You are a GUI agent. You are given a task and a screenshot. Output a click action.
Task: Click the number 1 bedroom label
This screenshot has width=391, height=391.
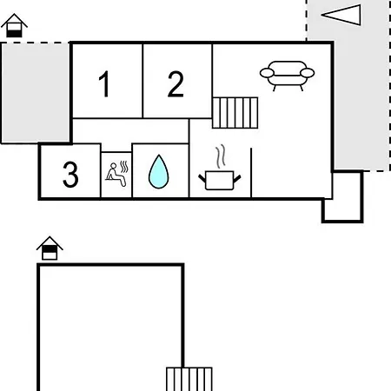click(x=104, y=84)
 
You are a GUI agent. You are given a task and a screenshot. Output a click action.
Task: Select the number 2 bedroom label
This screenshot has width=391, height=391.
click(x=176, y=84)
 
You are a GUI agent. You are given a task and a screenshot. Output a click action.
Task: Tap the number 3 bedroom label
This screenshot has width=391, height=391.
click(x=70, y=175)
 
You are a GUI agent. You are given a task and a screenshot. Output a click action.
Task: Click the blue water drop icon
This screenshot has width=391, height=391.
click(x=159, y=172)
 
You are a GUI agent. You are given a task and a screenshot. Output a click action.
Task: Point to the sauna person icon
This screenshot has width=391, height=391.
click(x=116, y=175)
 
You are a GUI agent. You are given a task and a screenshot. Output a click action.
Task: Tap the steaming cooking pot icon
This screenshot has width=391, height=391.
click(x=220, y=168)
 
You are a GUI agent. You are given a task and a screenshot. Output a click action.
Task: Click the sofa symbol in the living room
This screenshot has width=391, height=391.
click(x=287, y=76)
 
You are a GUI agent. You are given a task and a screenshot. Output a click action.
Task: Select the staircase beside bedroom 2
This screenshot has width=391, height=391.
click(x=235, y=113)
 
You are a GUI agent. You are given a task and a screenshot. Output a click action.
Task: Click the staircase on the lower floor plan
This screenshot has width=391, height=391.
click(x=189, y=379)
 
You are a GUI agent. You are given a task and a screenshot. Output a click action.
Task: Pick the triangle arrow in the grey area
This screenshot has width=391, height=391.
click(x=341, y=15)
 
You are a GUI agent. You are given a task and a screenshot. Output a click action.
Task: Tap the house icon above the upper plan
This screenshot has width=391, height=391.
click(x=14, y=25)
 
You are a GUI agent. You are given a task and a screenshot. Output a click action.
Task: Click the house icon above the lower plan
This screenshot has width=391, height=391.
click(x=50, y=249)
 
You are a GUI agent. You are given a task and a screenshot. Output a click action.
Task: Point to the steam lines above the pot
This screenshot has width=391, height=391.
click(x=221, y=156)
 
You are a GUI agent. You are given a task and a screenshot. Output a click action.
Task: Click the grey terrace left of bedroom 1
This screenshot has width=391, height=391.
click(x=36, y=93)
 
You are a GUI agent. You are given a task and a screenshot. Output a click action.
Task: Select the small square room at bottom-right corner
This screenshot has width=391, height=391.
click(x=342, y=197)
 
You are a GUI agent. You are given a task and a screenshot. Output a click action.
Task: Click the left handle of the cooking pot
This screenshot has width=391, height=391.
click(x=202, y=178)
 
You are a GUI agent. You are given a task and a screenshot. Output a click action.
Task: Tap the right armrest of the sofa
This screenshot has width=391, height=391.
click(x=308, y=73)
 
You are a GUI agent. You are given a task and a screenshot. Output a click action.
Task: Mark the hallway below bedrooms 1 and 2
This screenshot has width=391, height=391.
click(x=130, y=131)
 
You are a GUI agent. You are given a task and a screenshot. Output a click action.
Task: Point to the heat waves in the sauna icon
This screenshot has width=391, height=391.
click(x=124, y=167)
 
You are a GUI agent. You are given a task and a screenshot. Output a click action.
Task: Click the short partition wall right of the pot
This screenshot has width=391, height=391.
click(x=251, y=173)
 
